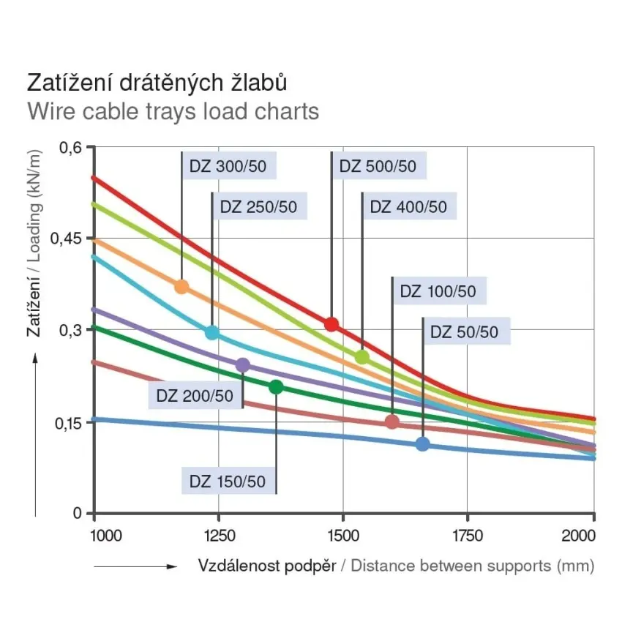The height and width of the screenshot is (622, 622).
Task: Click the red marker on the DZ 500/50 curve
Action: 331,324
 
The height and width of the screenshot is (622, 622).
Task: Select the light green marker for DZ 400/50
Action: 362,357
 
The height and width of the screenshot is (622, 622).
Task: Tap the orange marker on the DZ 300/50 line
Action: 181,287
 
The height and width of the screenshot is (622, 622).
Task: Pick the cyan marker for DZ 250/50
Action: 212,332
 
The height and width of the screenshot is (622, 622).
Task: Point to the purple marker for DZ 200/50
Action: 243,365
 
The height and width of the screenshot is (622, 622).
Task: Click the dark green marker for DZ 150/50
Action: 276,387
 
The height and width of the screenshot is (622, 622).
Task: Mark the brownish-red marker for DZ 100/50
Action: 392,421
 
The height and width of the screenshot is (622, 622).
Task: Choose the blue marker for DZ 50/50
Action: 422,443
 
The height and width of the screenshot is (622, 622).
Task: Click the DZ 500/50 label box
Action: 378,166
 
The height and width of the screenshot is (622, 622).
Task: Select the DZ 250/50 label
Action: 258,207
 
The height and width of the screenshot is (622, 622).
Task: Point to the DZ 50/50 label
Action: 464,332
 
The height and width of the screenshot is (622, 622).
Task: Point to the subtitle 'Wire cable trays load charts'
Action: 173,112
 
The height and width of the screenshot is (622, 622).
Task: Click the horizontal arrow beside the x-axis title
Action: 135,566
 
